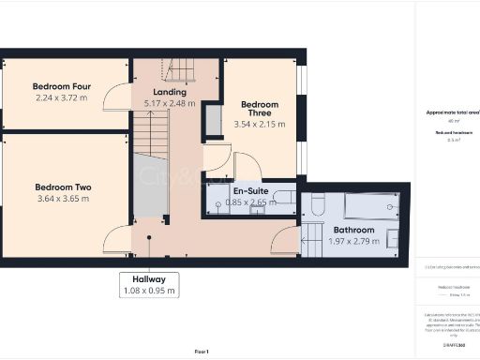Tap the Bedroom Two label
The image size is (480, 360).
coord(63,187)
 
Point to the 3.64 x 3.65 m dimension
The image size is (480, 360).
coord(63,199)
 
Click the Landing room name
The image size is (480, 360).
coord(170,92)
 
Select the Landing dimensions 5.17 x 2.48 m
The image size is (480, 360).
coord(170,103)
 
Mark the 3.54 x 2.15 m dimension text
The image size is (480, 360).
coord(260,123)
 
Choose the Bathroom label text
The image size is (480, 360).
coord(353,230)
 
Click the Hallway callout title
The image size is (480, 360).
coord(149,278)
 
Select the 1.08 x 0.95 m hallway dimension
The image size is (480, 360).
coord(149,291)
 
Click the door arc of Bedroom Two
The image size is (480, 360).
coord(118,240)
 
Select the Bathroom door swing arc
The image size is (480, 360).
coord(285,242)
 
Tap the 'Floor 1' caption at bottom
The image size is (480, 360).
coord(201,351)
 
